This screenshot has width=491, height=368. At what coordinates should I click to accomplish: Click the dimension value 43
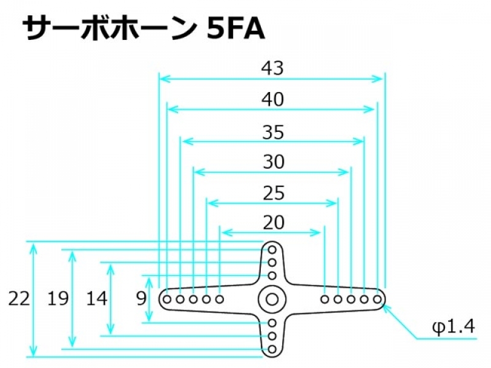coord(272,68)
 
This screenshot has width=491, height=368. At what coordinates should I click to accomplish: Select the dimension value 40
coord(272,99)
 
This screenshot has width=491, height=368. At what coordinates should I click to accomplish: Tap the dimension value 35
coord(272,132)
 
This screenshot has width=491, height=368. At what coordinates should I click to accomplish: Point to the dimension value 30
coord(273,163)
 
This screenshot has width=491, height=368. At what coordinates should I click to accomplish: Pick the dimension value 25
coord(273,194)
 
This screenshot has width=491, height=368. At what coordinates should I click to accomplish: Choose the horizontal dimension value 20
coord(273,223)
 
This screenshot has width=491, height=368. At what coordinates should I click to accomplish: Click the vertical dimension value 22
coord(19,299)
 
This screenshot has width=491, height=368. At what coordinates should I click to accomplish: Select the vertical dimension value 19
coord(58,299)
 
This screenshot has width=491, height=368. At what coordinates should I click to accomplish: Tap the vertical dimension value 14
coord(96,299)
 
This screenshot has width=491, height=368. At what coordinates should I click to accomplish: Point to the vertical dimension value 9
coord(141,299)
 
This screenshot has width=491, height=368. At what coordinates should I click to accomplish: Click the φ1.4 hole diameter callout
coord(454,328)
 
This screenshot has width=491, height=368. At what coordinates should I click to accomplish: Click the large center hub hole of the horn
coord(271,299)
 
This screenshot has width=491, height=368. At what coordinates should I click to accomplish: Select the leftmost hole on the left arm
coord(167,299)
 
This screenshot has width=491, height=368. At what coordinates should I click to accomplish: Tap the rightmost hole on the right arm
coord(377,299)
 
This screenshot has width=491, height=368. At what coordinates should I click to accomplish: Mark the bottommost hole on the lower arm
coord(272,349)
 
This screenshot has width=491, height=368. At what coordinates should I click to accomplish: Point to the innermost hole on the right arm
coord(325,299)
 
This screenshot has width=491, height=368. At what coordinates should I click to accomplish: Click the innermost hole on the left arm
coord(220,299)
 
